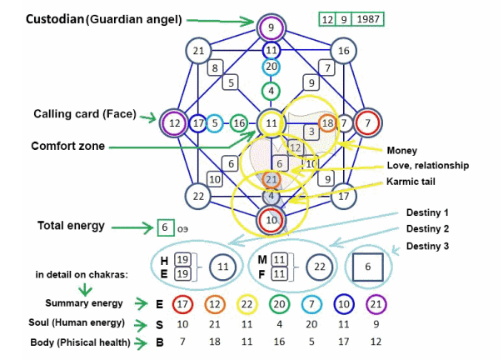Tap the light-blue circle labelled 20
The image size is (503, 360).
tap(271, 67)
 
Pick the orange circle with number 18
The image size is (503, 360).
tap(327, 122)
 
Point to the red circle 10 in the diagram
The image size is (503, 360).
tap(271, 220)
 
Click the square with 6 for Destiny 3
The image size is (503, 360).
tap(367, 267)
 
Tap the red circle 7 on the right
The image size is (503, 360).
tap(367, 122)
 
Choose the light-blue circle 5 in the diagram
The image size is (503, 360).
tap(215, 123)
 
